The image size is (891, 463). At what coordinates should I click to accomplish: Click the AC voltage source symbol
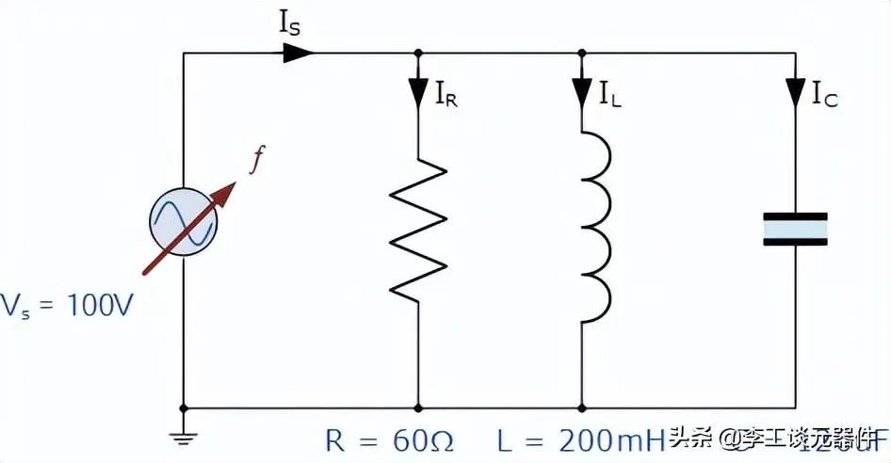[184, 222]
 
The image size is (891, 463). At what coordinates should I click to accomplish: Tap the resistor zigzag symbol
[418, 231]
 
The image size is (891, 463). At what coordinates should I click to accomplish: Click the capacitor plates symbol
[796, 229]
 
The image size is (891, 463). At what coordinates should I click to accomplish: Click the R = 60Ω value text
[387, 439]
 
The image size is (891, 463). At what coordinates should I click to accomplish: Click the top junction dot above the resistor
[418, 53]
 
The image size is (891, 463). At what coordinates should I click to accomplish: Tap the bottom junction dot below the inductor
[583, 408]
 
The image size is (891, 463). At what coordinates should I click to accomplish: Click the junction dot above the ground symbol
[184, 408]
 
